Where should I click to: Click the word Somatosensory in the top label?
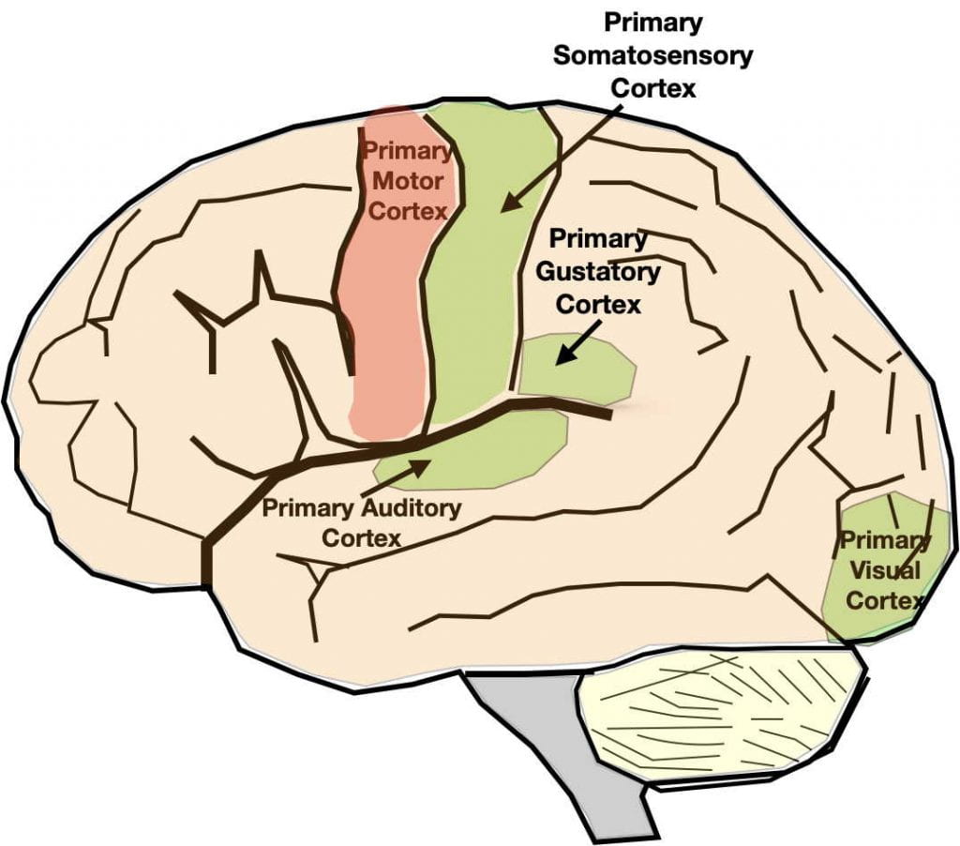(x=652, y=54)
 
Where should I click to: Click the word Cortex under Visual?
(x=885, y=600)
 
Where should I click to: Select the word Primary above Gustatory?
(x=598, y=239)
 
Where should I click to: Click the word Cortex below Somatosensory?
(x=652, y=87)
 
